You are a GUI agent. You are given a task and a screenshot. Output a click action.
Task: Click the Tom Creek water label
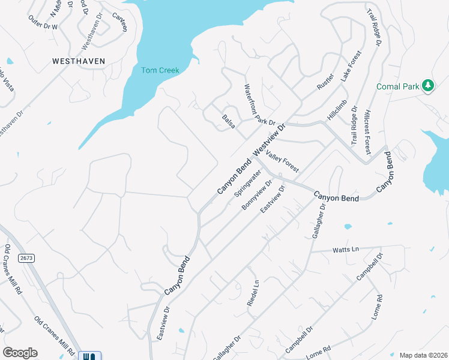pyautogui.click(x=160, y=70)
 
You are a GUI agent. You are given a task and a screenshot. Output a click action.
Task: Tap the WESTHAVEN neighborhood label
pyautogui.click(x=79, y=61)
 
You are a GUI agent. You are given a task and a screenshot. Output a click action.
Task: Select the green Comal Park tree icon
pyautogui.click(x=428, y=86)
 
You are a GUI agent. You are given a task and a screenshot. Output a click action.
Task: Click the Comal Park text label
pyautogui.click(x=397, y=87)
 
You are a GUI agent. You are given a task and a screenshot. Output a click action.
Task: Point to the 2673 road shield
pyautogui.click(x=26, y=257)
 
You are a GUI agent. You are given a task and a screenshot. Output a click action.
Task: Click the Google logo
pyautogui.click(x=20, y=353)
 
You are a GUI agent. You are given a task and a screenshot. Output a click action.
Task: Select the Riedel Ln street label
pyautogui.click(x=255, y=293)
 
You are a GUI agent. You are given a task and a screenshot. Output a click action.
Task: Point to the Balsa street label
pyautogui.click(x=229, y=120)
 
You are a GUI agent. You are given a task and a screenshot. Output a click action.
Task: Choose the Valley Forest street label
pyautogui.click(x=283, y=162)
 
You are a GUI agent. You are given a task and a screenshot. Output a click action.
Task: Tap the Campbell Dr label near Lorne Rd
pyautogui.click(x=300, y=339)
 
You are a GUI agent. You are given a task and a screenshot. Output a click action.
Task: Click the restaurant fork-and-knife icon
pyautogui.click(x=90, y=356)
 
